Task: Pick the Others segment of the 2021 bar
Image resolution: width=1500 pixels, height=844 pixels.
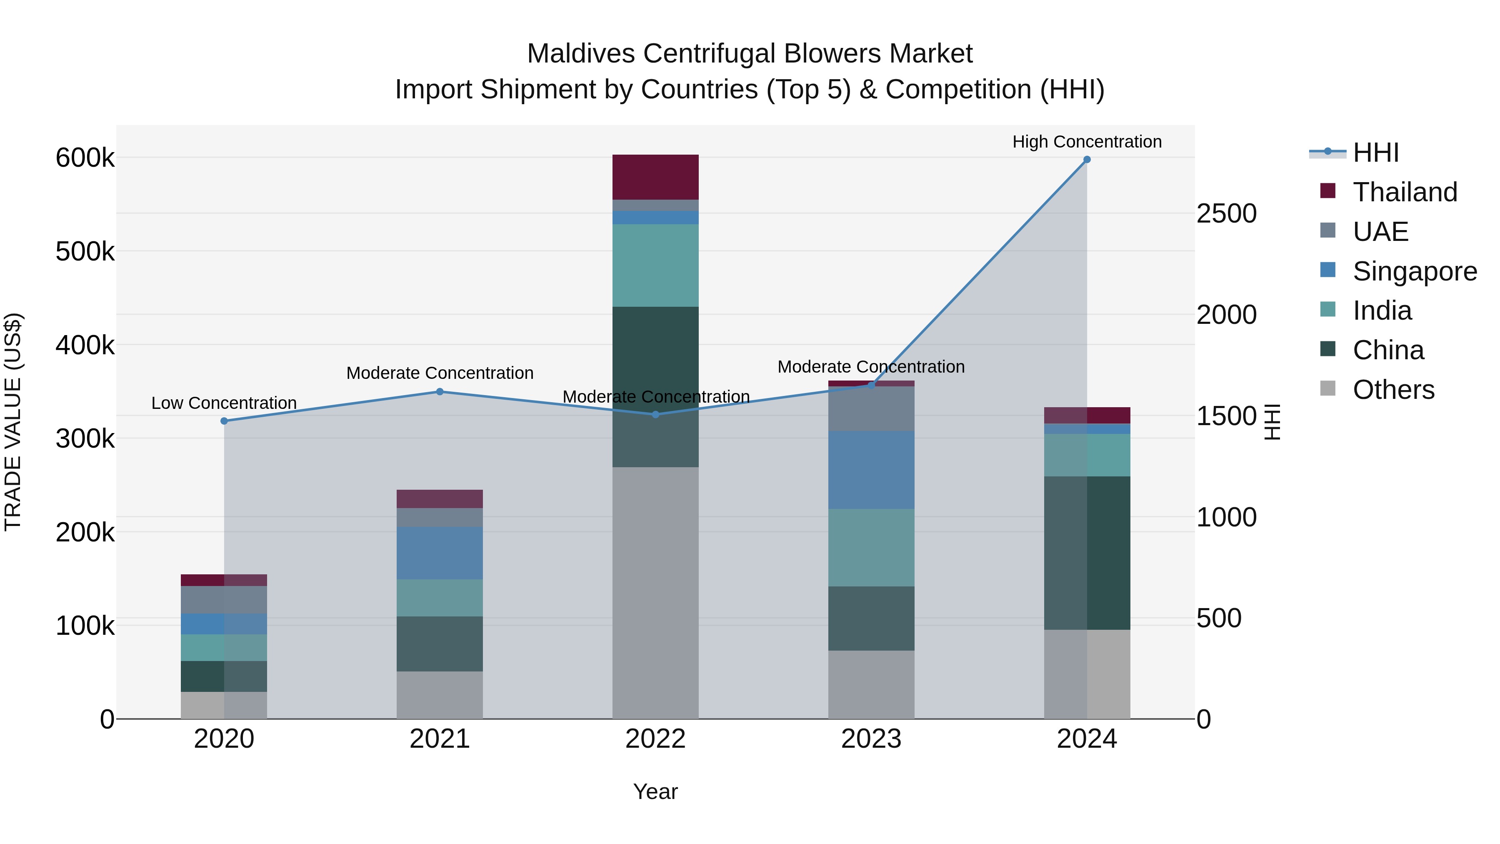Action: pos(440,695)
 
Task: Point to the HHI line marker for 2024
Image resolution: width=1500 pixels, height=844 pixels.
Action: pos(1087,160)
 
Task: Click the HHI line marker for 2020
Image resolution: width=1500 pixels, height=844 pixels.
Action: pos(224,421)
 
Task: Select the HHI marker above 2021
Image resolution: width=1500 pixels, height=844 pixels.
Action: pos(440,392)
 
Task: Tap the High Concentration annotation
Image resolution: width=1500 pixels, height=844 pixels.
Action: pos(1087,142)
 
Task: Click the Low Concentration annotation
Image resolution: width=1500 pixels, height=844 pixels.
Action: pos(224,403)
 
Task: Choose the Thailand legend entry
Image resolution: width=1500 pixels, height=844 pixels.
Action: pos(1405,192)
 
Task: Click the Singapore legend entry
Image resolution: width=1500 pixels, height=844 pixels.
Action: pos(1415,271)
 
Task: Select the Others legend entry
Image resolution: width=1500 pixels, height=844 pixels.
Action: pos(1393,390)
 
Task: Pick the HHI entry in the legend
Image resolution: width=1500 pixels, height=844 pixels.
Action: pos(1375,153)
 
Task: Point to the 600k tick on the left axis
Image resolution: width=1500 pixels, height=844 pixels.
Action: pos(85,158)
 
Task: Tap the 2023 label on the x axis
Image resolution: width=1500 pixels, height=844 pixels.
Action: pos(871,739)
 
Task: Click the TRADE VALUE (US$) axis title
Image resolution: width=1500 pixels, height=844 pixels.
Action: pos(13,422)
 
